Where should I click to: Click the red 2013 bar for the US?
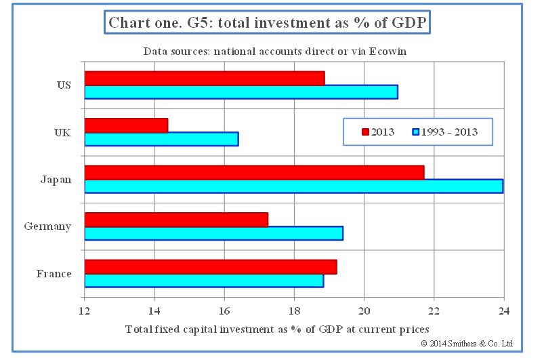tap(204, 78)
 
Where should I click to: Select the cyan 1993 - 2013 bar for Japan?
tap(293, 186)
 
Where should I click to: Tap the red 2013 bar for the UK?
tap(126, 125)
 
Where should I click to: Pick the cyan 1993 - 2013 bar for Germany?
tap(213, 233)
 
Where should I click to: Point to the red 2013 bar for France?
tap(210, 266)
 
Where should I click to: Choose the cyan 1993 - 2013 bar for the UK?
tap(161, 139)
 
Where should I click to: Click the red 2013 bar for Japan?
tap(254, 172)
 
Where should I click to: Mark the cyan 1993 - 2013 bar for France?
tap(204, 281)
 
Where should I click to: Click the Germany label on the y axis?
tap(48, 226)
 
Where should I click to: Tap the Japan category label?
tap(56, 180)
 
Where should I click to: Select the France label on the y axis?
tap(54, 274)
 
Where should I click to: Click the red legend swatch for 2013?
tap(366, 132)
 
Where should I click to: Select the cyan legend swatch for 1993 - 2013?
tap(417, 132)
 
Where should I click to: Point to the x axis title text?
tap(276, 329)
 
